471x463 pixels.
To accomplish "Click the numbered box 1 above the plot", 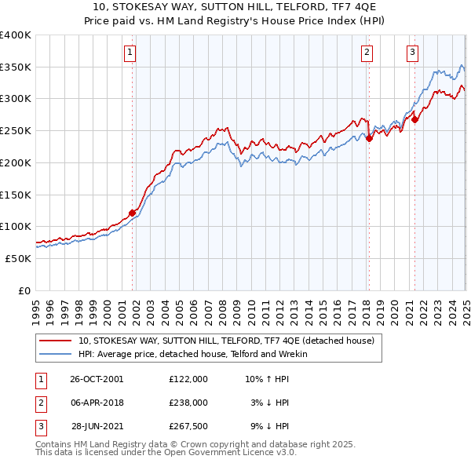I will coord(130,53).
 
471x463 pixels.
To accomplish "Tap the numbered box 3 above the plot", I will coord(413,53).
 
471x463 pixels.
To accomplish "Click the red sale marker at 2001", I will coord(132,212).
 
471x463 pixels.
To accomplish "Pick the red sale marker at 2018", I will coord(369,138).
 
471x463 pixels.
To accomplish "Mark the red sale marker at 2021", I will coord(414,119).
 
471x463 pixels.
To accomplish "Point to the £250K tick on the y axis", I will coord(15,130).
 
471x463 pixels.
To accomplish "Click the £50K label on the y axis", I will coord(17,258).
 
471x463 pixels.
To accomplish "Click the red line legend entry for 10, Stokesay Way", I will coord(228,341).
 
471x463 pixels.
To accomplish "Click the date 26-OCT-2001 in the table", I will coord(97,379).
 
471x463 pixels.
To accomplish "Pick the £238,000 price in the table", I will coord(188,403).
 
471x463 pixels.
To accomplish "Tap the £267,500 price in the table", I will coord(188,426).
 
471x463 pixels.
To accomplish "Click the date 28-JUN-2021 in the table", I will coord(97,426).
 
